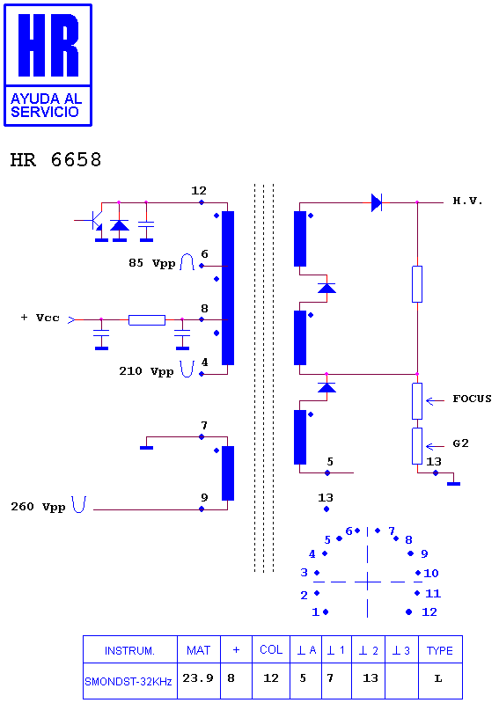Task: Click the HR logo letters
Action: [x=48, y=44]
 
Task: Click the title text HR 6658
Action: [x=55, y=159]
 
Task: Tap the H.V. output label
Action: [x=467, y=201]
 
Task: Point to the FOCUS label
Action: [x=472, y=399]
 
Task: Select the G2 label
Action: [x=460, y=443]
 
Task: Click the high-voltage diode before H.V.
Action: [x=377, y=202]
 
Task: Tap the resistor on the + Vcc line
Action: [x=147, y=319]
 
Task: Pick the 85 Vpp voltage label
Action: [x=151, y=263]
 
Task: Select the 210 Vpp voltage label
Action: [x=146, y=371]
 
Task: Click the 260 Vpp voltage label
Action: [x=38, y=507]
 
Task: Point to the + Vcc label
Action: [x=40, y=318]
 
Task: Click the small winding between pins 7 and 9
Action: [x=228, y=473]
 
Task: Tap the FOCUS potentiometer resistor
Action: [x=417, y=401]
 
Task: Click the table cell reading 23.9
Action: [x=198, y=677]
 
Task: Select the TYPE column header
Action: [x=439, y=650]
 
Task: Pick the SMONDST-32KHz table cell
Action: [x=128, y=682]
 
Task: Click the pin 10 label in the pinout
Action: [x=431, y=573]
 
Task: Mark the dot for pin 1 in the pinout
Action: [x=326, y=611]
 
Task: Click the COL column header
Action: [x=271, y=649]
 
